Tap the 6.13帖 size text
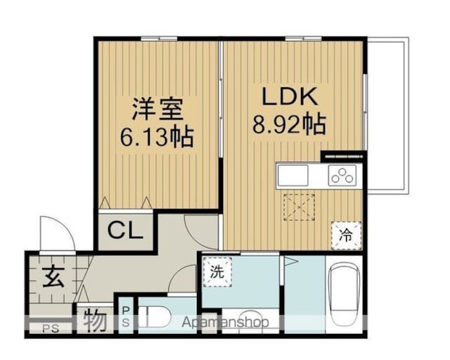pyautogui.click(x=157, y=137)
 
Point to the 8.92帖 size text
pyautogui.click(x=289, y=124)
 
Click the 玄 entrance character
pyautogui.click(x=53, y=277)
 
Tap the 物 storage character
pyautogui.click(x=96, y=319)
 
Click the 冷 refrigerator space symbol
pyautogui.click(x=346, y=236)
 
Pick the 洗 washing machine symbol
pyautogui.click(x=217, y=271)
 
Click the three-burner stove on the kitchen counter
pyautogui.click(x=342, y=175)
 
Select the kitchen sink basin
pyautogui.click(x=293, y=175)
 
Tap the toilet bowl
pyautogui.click(x=155, y=316)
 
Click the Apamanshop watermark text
pyautogui.click(x=225, y=322)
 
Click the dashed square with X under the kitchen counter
pyautogui.click(x=299, y=207)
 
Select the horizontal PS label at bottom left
pyautogui.click(x=51, y=328)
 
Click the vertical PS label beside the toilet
pyautogui.click(x=126, y=316)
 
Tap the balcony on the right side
pyautogui.click(x=387, y=115)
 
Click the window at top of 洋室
pyautogui.click(x=159, y=38)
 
